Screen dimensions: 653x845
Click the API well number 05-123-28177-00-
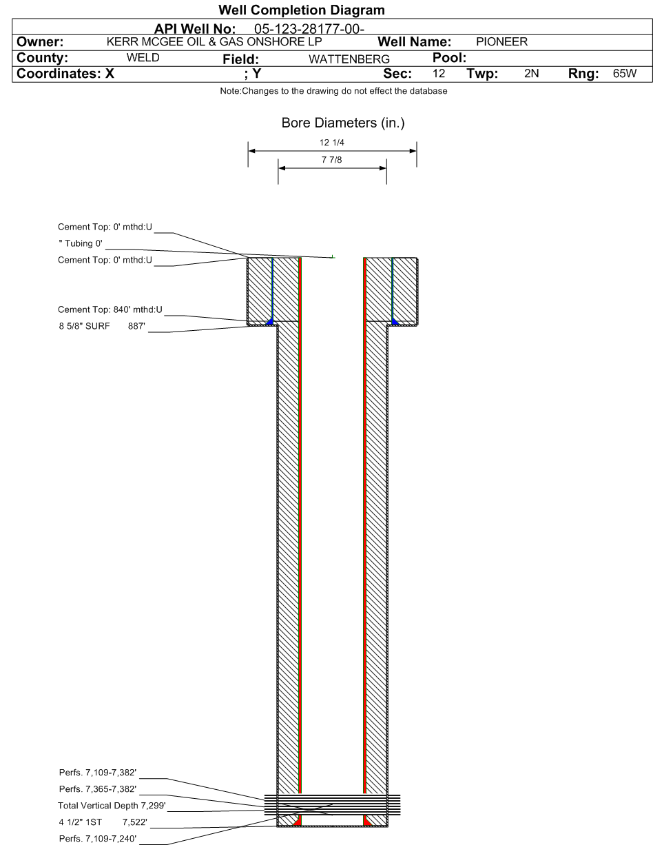[x=309, y=29]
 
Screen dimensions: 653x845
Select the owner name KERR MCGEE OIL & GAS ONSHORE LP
[x=214, y=41]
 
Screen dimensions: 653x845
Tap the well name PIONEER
[x=501, y=41]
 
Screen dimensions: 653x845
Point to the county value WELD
[x=143, y=58]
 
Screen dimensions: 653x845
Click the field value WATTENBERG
[x=349, y=59]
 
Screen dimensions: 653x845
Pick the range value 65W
[x=624, y=73]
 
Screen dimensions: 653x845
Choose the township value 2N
[x=531, y=73]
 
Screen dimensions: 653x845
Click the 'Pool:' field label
[x=449, y=58]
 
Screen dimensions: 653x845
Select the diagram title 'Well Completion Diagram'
[x=302, y=10]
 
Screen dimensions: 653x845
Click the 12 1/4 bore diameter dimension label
[x=332, y=142]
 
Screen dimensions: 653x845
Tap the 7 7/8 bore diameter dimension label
[x=331, y=159]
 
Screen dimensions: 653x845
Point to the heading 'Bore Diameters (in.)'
[x=343, y=123]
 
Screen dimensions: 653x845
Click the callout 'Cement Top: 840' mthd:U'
[x=110, y=309]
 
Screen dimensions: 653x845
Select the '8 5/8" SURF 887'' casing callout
[x=102, y=326]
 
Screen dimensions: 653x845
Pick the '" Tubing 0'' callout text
[x=81, y=243]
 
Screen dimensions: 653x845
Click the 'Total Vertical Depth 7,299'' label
[x=112, y=805]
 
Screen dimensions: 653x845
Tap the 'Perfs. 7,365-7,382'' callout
[x=98, y=789]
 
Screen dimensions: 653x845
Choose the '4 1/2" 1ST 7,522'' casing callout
[x=103, y=822]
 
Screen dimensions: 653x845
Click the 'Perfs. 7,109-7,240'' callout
[x=98, y=838]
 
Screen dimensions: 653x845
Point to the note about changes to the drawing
[x=333, y=91]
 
